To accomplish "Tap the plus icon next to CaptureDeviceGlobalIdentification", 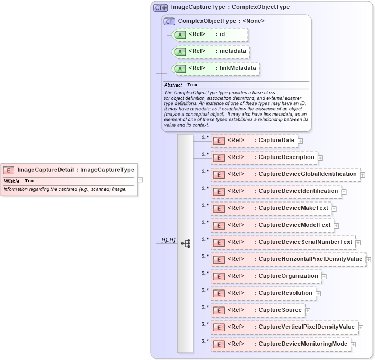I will coord(363,174).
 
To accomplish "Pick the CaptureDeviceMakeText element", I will coord(271,208).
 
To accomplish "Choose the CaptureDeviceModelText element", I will coord(272,225).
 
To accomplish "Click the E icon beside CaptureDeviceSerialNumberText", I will coord(219,242).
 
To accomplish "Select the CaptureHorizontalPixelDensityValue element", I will coord(289,259).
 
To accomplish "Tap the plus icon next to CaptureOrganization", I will coord(324,276).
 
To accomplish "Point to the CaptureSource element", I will coord(257,310).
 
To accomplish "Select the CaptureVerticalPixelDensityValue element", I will coord(284,327).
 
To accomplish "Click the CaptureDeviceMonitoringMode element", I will coord(281,344).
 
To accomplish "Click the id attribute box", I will coord(210,34).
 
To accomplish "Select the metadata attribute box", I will coord(211,51).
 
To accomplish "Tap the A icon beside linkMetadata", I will coord(180,68).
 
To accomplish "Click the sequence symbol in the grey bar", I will coord(185,243).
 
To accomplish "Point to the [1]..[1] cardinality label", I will coord(168,240).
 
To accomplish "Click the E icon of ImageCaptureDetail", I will coord(8,170).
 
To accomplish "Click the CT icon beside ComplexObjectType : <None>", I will coord(170,21).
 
